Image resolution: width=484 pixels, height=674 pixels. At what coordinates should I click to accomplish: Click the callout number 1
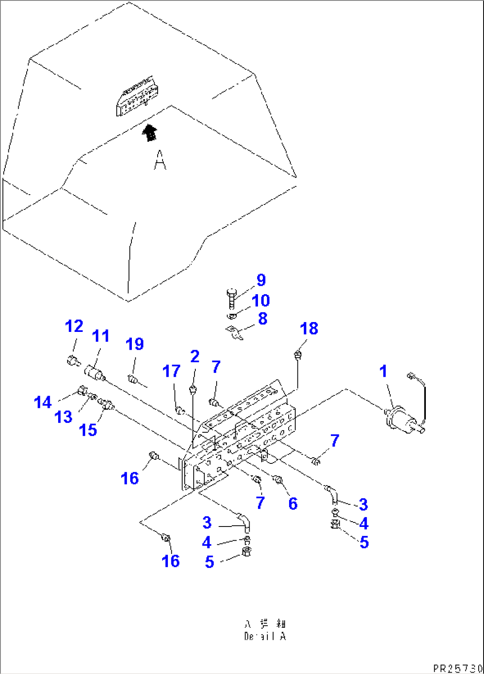click(383, 371)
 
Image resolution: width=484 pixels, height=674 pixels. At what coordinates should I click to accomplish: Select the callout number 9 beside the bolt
click(261, 280)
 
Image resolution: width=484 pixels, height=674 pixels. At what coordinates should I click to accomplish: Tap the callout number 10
click(261, 300)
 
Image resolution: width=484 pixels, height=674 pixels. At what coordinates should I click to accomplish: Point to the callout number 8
click(263, 319)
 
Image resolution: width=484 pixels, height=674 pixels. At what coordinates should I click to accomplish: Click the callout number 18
click(309, 328)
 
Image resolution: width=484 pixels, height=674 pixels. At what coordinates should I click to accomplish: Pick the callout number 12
click(74, 326)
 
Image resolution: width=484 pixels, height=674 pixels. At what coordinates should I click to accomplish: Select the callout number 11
click(101, 336)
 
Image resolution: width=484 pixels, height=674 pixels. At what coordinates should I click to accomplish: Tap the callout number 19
click(135, 344)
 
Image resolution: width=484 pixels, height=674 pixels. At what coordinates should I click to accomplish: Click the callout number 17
click(171, 371)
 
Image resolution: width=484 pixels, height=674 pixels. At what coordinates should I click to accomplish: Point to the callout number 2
click(194, 356)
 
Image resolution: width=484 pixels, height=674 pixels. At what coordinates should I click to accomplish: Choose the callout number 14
click(43, 403)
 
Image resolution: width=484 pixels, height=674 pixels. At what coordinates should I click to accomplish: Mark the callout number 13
click(63, 417)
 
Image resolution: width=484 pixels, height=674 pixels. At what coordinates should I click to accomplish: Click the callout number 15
click(88, 430)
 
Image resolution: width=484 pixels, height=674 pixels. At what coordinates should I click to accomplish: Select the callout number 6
click(293, 503)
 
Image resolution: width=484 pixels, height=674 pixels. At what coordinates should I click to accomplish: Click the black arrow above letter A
click(150, 132)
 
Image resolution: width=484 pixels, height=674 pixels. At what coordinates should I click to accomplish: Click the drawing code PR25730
click(457, 668)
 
